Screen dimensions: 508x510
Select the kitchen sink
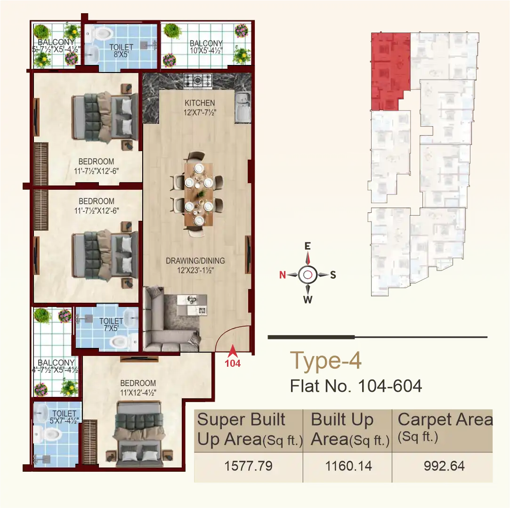(x=243, y=106)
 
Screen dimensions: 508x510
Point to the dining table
(x=198, y=194)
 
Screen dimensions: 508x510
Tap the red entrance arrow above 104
(x=232, y=350)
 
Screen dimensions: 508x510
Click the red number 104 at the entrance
(x=233, y=363)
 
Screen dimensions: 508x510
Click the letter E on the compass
(x=308, y=246)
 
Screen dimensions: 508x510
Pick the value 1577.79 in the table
(x=248, y=466)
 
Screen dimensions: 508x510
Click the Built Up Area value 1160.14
(x=348, y=466)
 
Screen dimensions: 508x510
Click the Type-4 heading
(x=326, y=361)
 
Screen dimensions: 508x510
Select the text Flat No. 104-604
(x=356, y=386)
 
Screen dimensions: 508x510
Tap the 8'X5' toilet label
(x=121, y=51)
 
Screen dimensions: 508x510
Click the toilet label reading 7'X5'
(x=111, y=325)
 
